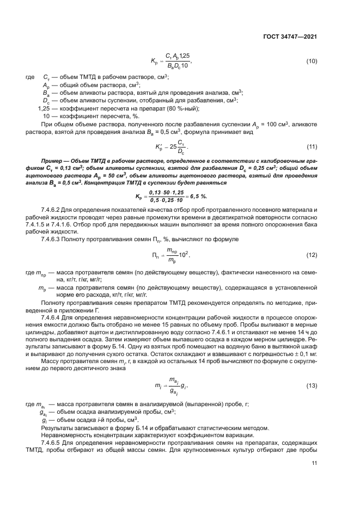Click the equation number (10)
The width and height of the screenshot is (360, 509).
click(312, 60)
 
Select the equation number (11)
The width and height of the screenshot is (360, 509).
click(312, 147)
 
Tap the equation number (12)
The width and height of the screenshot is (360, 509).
click(312, 255)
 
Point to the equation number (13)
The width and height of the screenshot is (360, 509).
click(312, 370)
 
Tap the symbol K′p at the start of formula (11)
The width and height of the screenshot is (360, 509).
click(154, 148)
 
